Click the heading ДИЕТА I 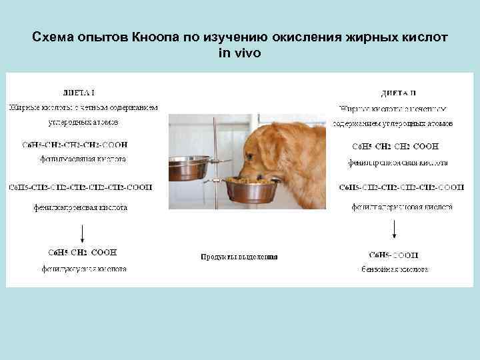(79, 92)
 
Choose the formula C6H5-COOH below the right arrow (394, 254)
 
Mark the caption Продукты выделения (239, 257)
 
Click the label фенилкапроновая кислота (80, 207)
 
